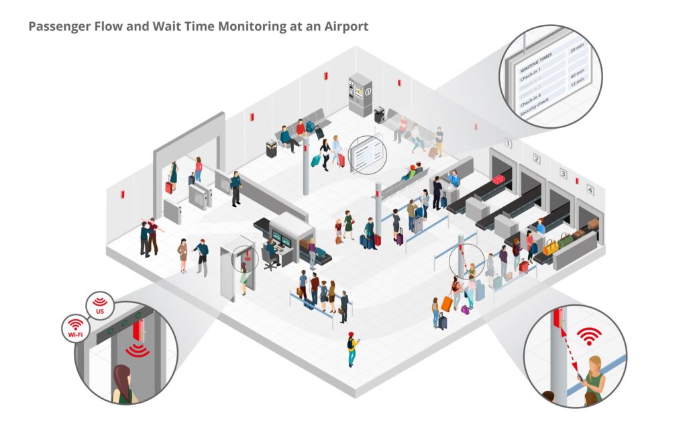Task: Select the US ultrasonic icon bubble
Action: pos(100,305)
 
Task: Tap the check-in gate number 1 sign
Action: pos(509,143)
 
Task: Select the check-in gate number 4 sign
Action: pos(590,190)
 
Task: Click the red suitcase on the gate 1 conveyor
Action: pos(498,179)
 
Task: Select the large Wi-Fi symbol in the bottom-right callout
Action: pos(589,335)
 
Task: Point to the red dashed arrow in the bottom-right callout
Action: pos(568,347)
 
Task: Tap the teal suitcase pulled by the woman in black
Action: pos(315,160)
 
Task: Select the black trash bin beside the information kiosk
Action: pos(379,115)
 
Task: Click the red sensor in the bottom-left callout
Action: pos(139,330)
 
